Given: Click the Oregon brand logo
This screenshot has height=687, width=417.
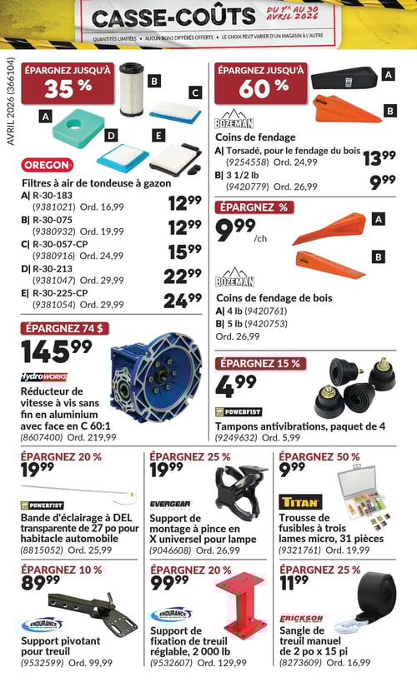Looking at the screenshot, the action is pos(48,164).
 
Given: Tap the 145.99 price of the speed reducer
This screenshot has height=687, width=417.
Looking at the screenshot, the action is pos(57,351).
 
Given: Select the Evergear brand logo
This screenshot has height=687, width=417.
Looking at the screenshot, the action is pos(170,505).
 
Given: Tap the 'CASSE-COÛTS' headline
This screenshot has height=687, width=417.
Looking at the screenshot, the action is pos(173,17).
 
